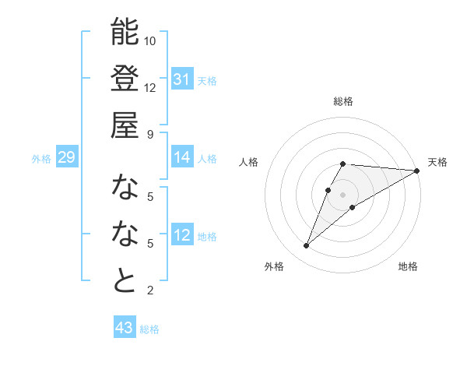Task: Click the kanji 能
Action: coord(125,33)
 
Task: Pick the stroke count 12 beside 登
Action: coord(150,87)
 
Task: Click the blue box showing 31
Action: coord(182,79)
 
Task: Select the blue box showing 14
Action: coord(182,157)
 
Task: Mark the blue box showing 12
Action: coord(182,235)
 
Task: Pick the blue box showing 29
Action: coord(66,157)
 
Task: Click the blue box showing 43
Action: coord(124,328)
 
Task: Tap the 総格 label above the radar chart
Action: coord(343,102)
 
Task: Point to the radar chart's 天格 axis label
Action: coord(437,162)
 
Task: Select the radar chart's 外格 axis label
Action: coord(274,266)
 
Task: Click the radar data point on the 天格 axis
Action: coord(417,171)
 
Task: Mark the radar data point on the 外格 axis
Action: coord(307,246)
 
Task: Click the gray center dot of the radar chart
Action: coord(343,194)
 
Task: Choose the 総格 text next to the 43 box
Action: coord(149,329)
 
